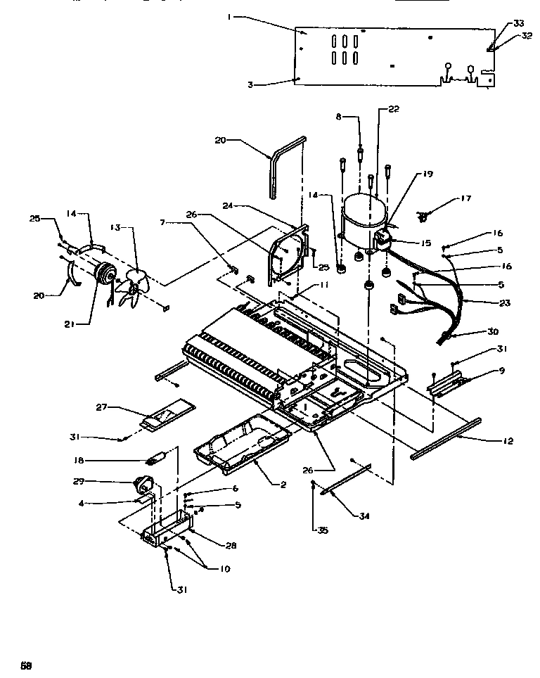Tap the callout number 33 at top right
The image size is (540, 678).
[518, 23]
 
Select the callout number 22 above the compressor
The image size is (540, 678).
[393, 108]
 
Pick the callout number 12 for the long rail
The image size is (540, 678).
[508, 441]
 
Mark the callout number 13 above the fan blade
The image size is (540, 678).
[115, 227]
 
